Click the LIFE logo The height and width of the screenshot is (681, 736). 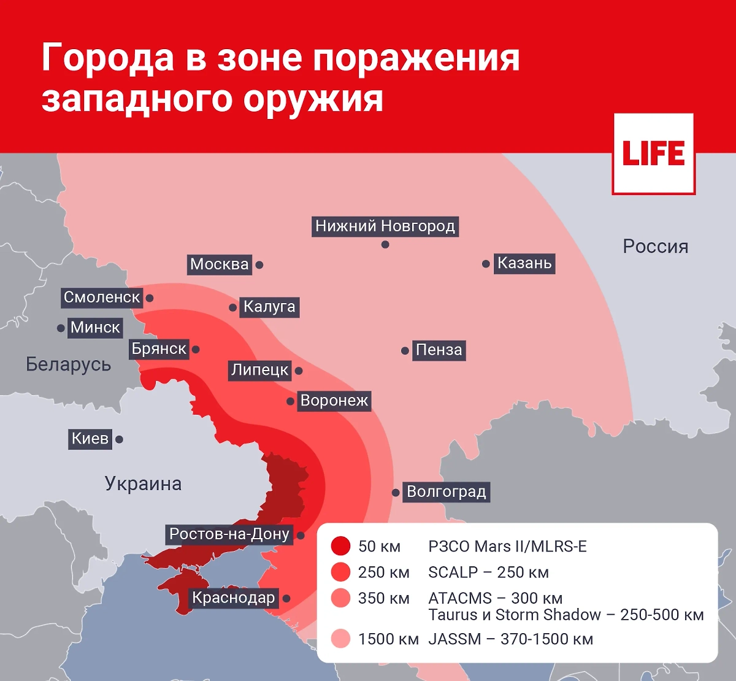(653, 154)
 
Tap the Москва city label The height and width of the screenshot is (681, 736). (220, 264)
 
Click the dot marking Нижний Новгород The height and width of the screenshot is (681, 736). (385, 245)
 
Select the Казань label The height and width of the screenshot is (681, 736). (524, 263)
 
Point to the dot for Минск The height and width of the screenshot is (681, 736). (61, 328)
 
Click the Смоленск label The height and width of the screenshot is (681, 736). (102, 298)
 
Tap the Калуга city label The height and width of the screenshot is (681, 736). (269, 307)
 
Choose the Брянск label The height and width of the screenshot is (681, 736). (159, 349)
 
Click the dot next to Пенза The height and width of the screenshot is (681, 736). (405, 351)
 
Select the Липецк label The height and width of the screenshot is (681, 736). (259, 370)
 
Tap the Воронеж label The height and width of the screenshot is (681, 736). (334, 401)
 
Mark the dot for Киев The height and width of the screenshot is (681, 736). (120, 439)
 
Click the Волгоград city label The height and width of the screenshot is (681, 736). (446, 492)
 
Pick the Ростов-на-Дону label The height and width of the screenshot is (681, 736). (229, 534)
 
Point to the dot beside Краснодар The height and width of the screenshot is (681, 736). (286, 598)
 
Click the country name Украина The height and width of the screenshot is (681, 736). (143, 484)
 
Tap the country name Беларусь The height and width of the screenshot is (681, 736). (68, 364)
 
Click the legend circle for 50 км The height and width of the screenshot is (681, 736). (340, 546)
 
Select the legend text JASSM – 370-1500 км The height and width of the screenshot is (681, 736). (510, 639)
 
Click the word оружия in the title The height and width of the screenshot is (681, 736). (313, 99)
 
